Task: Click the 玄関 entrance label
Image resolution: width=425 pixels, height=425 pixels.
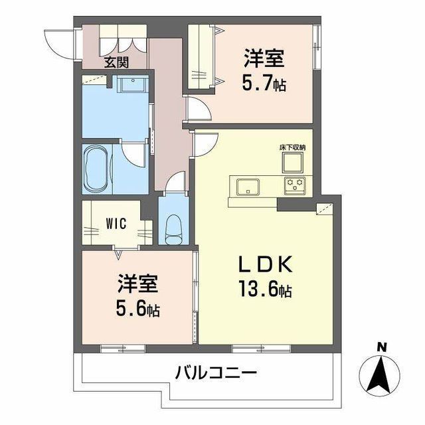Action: [116, 64]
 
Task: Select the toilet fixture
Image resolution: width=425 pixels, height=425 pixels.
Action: [173, 228]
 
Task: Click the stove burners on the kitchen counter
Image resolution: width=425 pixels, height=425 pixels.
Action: [294, 185]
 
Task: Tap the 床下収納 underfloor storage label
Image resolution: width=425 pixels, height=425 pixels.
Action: [292, 146]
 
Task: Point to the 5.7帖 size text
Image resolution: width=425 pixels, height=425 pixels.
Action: [264, 84]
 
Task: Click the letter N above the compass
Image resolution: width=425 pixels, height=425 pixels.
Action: [381, 346]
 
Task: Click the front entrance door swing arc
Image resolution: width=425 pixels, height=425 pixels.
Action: [55, 42]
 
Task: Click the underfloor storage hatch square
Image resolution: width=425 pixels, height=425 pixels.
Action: [292, 161]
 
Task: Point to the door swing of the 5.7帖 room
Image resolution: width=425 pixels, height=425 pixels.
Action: [197, 110]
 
